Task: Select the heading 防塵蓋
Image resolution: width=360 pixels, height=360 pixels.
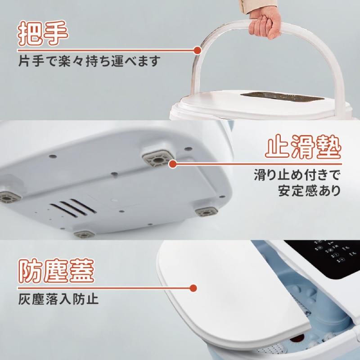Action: point(56,271)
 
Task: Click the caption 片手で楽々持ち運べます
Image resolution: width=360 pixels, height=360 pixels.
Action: point(89,61)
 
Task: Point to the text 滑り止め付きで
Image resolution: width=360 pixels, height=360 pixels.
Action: point(297,174)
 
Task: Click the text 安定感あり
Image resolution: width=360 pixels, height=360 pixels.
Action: point(309,190)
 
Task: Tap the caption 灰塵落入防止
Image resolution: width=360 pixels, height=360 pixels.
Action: point(58,299)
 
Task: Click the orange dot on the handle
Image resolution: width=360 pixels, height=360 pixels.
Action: point(197,49)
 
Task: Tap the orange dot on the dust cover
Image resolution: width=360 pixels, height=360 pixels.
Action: point(194,288)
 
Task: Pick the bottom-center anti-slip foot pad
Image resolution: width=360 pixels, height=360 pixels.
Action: point(84,234)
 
